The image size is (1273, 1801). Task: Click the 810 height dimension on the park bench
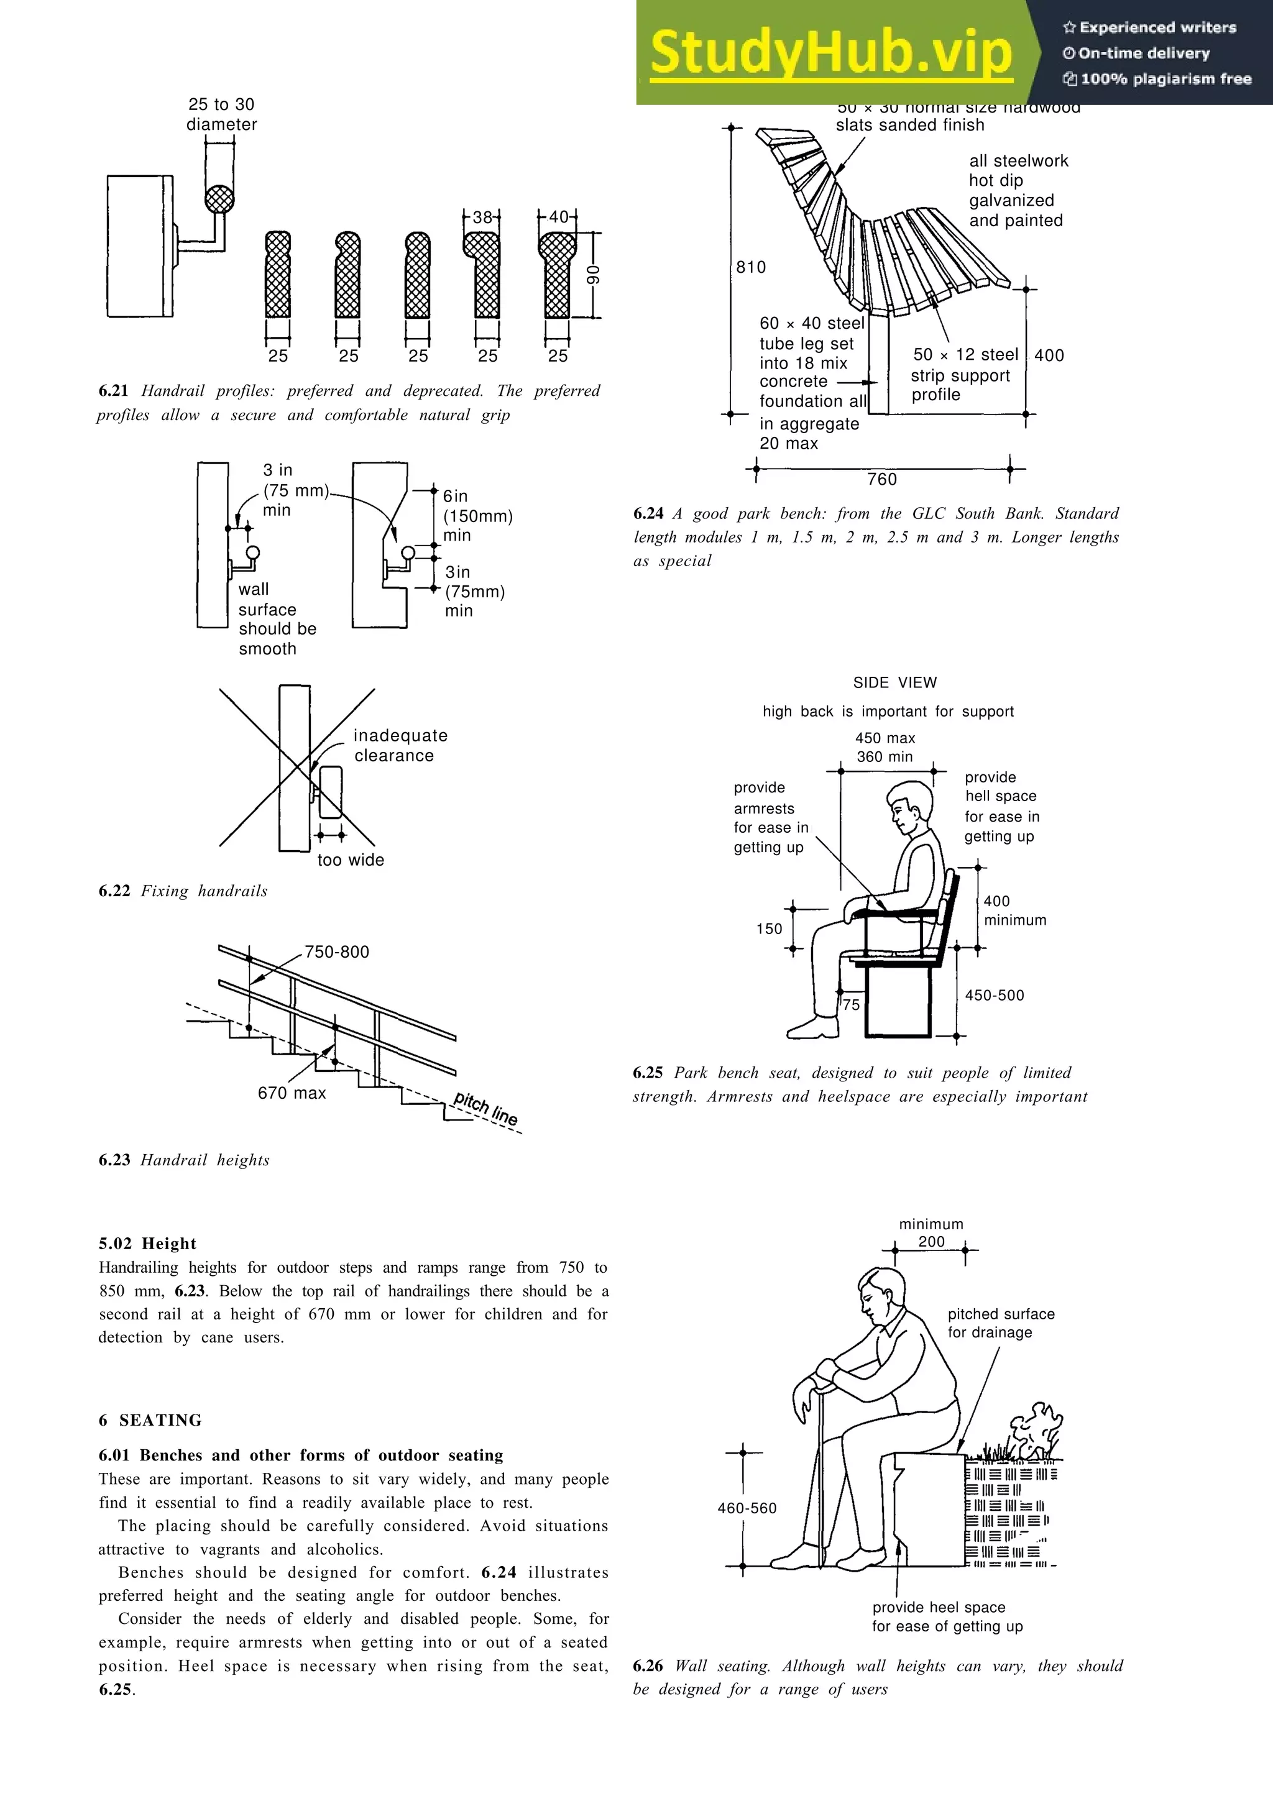coord(751,267)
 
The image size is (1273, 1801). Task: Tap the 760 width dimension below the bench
coord(881,479)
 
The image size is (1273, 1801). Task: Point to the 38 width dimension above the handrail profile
coord(482,216)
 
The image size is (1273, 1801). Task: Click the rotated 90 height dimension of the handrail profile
coord(593,275)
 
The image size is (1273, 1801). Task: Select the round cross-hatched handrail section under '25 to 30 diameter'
coord(219,199)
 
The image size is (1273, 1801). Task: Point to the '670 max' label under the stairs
coord(292,1093)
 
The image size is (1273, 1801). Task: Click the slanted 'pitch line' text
coord(486,1108)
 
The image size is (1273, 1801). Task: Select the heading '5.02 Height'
coord(147,1244)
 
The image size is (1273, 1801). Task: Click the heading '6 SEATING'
coord(150,1420)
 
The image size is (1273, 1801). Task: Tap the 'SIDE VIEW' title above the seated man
coord(895,682)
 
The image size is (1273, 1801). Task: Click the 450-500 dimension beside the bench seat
coord(994,996)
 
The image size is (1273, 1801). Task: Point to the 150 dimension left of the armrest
coord(769,928)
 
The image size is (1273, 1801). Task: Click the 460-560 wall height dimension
coord(747,1508)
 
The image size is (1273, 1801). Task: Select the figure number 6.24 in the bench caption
coord(648,514)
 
